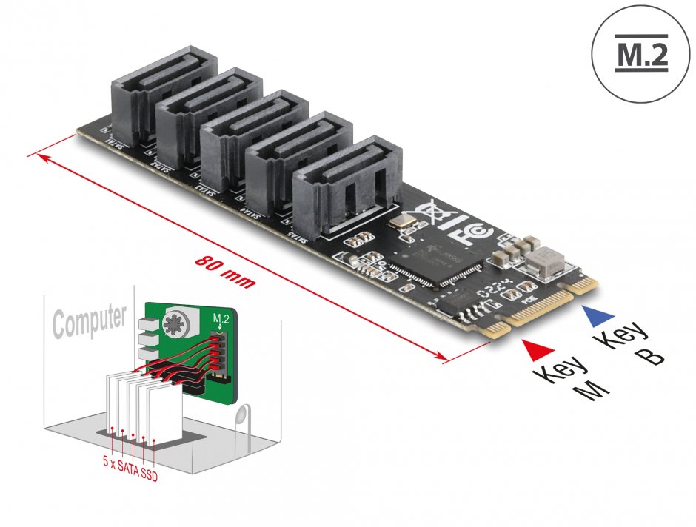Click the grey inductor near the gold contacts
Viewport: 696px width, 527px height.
tap(544, 259)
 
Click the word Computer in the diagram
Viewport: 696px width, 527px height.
tap(89, 320)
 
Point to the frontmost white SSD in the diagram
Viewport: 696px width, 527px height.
tap(164, 411)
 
